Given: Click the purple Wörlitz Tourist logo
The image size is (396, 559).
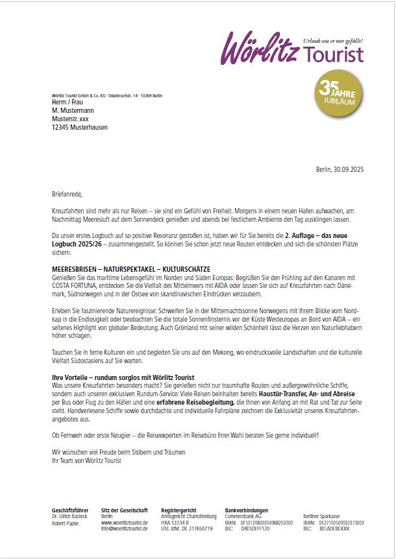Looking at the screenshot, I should tap(292, 49).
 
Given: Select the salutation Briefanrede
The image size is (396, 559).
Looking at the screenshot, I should tap(67, 193).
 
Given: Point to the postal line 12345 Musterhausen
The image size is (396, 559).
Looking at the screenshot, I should tap(80, 128).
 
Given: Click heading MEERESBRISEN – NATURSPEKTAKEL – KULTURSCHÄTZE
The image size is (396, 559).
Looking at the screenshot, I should tap(131, 269).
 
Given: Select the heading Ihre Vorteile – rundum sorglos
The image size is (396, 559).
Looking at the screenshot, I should tap(123, 377).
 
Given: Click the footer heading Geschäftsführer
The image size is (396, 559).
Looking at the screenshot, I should tap(70, 510).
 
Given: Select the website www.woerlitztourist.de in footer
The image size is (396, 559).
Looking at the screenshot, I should tap(125, 522).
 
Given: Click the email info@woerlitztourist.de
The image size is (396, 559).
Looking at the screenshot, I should tap(125, 529).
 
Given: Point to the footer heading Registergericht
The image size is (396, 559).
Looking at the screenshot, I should tap(179, 510).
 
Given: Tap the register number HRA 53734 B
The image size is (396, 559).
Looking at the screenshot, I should tap(175, 522).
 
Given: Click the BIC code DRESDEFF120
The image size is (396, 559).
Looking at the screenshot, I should tap(255, 529).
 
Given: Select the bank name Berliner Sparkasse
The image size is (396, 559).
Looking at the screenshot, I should tap(321, 516).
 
